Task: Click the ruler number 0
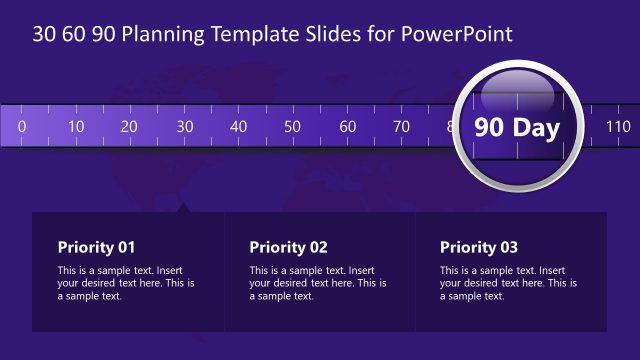[21, 126]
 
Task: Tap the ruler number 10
[76, 126]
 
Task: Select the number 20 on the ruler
[129, 126]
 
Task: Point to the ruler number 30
[184, 126]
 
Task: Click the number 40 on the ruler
[238, 126]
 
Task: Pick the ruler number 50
[292, 126]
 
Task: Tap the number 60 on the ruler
[347, 126]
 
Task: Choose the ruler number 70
[401, 126]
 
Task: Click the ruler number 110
[618, 126]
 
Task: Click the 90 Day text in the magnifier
[517, 127]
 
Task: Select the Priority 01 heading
[96, 247]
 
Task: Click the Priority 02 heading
[288, 247]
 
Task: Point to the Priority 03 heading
[480, 247]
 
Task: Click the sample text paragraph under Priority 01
[126, 283]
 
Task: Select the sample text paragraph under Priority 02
[318, 283]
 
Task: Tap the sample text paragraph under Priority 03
[509, 283]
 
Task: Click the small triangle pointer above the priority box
[183, 207]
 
